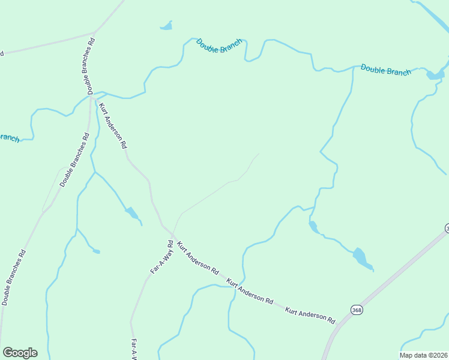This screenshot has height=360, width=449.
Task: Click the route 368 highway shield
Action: [357, 310]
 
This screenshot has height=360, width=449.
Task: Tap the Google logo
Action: [20, 353]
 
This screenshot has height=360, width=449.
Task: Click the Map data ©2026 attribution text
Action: [423, 355]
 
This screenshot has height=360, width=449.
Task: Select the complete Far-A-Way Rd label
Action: [161, 257]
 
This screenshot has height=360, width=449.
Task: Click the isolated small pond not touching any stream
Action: [166, 26]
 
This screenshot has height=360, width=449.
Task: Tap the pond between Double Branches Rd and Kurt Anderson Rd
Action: [131, 212]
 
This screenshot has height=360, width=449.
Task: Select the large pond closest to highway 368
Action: [362, 258]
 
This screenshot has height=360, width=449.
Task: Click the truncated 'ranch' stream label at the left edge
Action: [9, 137]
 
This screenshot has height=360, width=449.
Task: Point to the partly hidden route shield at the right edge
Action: [447, 229]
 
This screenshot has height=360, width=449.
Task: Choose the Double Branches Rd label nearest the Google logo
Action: [14, 277]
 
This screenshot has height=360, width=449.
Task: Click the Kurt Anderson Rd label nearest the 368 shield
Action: [310, 315]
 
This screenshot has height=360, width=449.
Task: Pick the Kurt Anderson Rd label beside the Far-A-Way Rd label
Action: [198, 259]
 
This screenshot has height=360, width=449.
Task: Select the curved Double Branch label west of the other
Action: [219, 46]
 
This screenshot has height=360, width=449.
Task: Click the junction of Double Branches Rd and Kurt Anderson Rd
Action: [92, 96]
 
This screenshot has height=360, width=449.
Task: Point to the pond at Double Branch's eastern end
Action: [435, 74]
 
